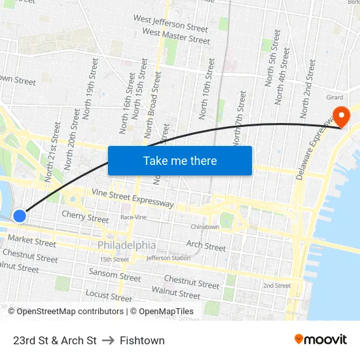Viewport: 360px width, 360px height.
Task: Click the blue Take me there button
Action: (180, 161)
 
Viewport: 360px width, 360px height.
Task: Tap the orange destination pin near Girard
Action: (341, 117)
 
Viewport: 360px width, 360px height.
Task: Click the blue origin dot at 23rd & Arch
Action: (20, 215)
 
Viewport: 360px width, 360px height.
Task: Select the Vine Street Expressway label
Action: (133, 198)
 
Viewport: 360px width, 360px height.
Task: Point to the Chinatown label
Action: (205, 227)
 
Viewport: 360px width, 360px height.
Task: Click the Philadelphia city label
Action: (127, 245)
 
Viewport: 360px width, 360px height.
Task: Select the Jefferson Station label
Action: (168, 258)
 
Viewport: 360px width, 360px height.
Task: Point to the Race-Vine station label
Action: (134, 217)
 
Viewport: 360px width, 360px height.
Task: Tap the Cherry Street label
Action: (85, 217)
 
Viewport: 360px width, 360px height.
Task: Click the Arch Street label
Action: (206, 246)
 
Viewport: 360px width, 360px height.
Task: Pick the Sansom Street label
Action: (115, 275)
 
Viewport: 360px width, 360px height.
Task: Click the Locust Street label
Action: (108, 295)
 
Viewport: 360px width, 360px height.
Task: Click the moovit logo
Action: (321, 340)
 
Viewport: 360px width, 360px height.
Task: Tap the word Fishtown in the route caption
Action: (142, 340)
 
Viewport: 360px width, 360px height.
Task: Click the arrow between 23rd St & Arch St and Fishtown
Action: (108, 340)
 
